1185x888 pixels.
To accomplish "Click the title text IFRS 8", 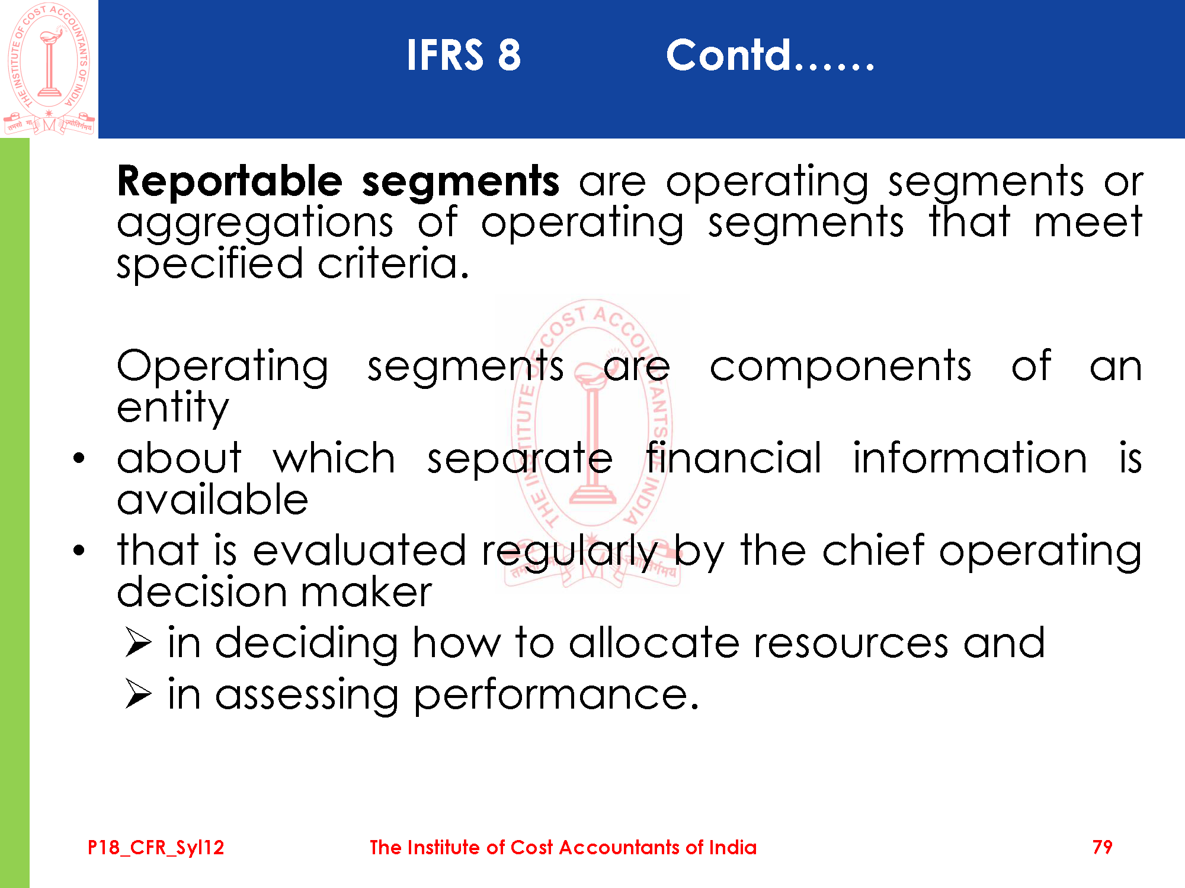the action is [x=464, y=55].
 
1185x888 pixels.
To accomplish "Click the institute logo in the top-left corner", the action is [x=49, y=69].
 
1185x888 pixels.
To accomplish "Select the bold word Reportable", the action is [x=230, y=182].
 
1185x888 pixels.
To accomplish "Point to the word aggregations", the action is [x=255, y=224].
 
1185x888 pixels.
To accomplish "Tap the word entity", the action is [x=172, y=407].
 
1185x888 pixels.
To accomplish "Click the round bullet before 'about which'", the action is [x=79, y=459].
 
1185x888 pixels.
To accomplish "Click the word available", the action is [x=213, y=499].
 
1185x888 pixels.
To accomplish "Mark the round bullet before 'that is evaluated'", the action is [x=79, y=551].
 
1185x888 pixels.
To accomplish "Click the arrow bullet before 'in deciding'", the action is [x=139, y=644].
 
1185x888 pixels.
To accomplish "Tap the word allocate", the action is [x=654, y=642].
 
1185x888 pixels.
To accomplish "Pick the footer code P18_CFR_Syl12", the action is [x=156, y=848].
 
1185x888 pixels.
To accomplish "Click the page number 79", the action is [x=1103, y=847].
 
